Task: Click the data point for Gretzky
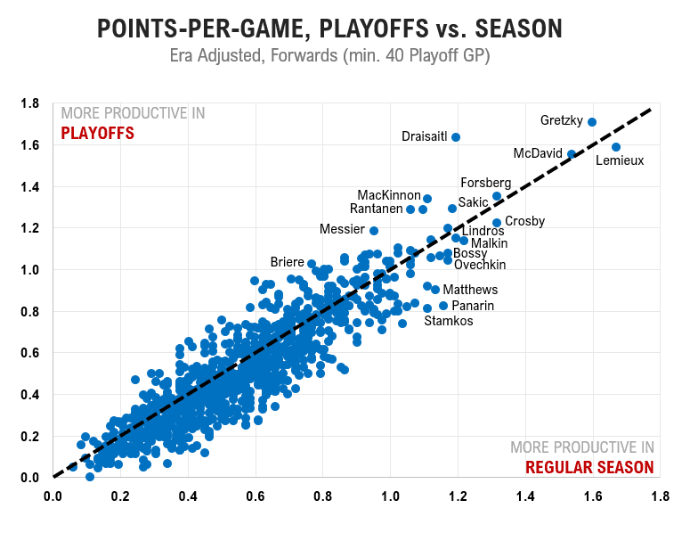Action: coord(592,122)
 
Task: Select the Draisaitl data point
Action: coord(456,137)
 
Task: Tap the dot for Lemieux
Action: coord(616,147)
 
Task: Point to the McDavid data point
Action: coord(572,154)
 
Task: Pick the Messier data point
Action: coord(374,231)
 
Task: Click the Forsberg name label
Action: coord(485,183)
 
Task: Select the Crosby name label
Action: coord(524,221)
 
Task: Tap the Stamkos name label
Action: coord(448,321)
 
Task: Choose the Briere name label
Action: coord(287,262)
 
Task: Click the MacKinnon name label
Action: coord(388,195)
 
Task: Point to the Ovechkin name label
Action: coord(480,265)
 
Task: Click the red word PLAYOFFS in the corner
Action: coord(97,134)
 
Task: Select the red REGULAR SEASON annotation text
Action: coord(589,468)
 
